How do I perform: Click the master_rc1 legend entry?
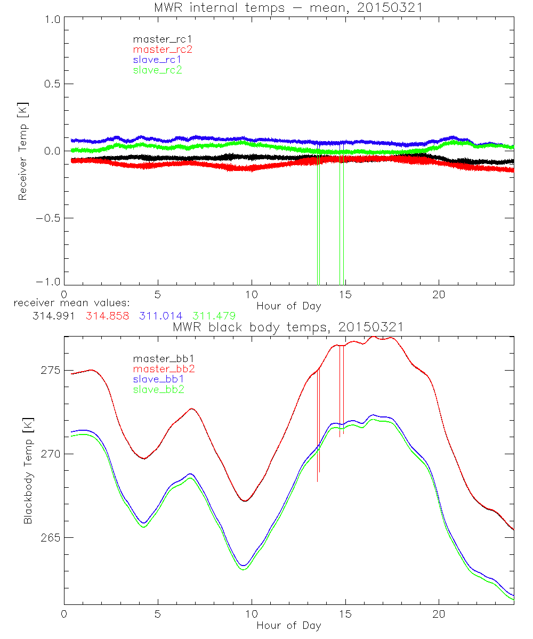coord(157,39)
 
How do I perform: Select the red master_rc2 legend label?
coord(162,50)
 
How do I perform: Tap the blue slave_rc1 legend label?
coord(157,60)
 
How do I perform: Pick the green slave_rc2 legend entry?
coord(157,70)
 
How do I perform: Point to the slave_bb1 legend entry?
coord(158,380)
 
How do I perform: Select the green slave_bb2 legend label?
coord(158,390)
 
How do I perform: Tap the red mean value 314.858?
coord(107,316)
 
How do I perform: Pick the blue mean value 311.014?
coord(161,316)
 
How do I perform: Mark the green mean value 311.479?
coord(214,316)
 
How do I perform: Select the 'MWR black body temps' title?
coord(288,327)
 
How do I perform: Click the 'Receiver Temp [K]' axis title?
coord(22,151)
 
